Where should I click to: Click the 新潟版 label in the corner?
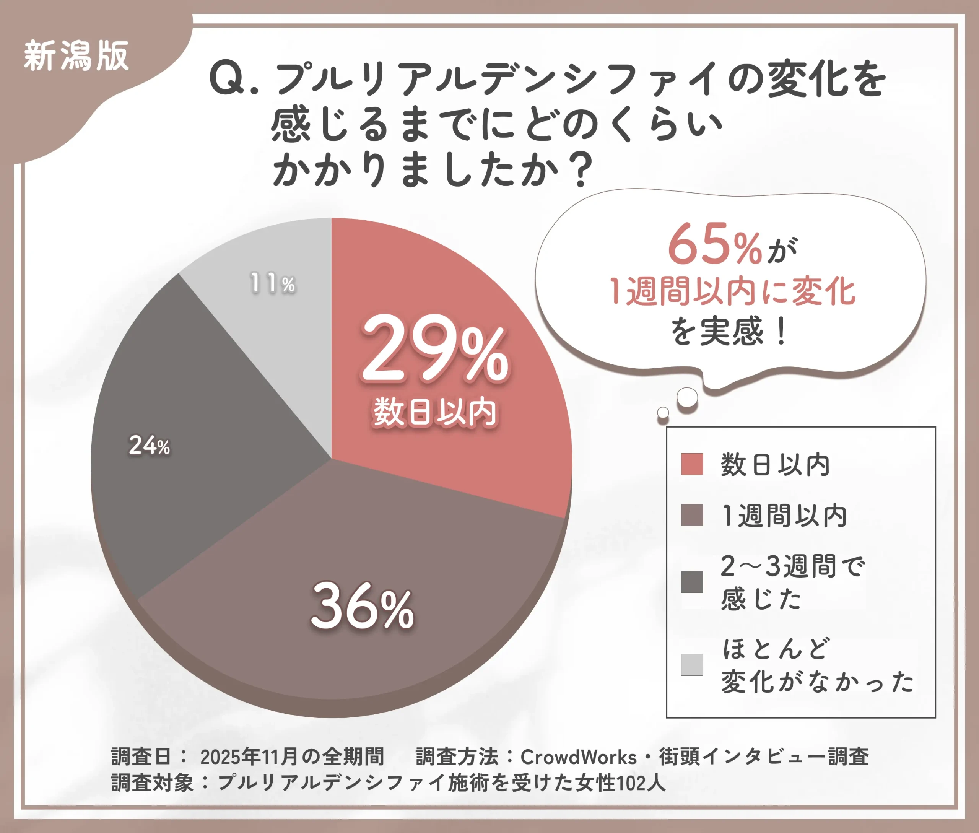(x=76, y=56)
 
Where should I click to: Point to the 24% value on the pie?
(x=149, y=445)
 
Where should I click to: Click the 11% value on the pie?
(x=273, y=283)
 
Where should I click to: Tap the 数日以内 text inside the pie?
(x=435, y=413)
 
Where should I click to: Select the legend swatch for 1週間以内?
(x=692, y=515)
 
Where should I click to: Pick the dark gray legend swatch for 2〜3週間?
(x=692, y=582)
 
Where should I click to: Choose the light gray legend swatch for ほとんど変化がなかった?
(x=692, y=664)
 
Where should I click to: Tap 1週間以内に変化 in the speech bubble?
(x=732, y=291)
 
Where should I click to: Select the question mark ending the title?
(x=579, y=170)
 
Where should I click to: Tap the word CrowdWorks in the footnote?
(x=579, y=757)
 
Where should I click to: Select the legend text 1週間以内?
(x=784, y=515)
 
